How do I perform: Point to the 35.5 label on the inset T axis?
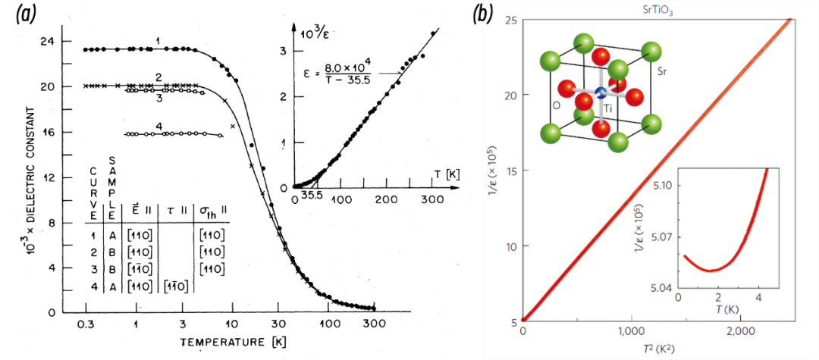[308, 200]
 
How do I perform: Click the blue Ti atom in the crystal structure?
[601, 92]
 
